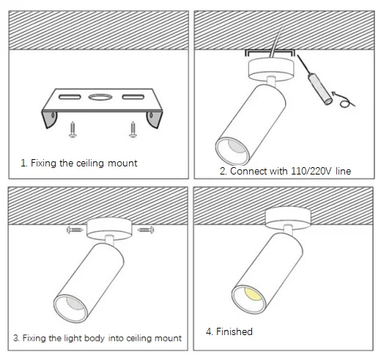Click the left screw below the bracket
coord(73,130)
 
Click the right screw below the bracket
coord(133,130)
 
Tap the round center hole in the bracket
coord(100,97)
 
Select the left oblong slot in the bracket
coord(70,97)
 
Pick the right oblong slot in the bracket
coord(133,97)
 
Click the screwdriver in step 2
coord(316,81)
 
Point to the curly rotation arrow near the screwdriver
coord(343,100)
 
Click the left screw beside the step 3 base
coord(74,229)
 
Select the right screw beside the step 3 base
coord(146,229)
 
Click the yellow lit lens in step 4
coord(254,294)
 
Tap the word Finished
coord(234,331)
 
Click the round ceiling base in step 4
coord(288,218)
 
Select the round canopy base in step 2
coord(271,70)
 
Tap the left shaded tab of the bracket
coord(50,120)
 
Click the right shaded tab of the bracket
coord(155,120)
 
